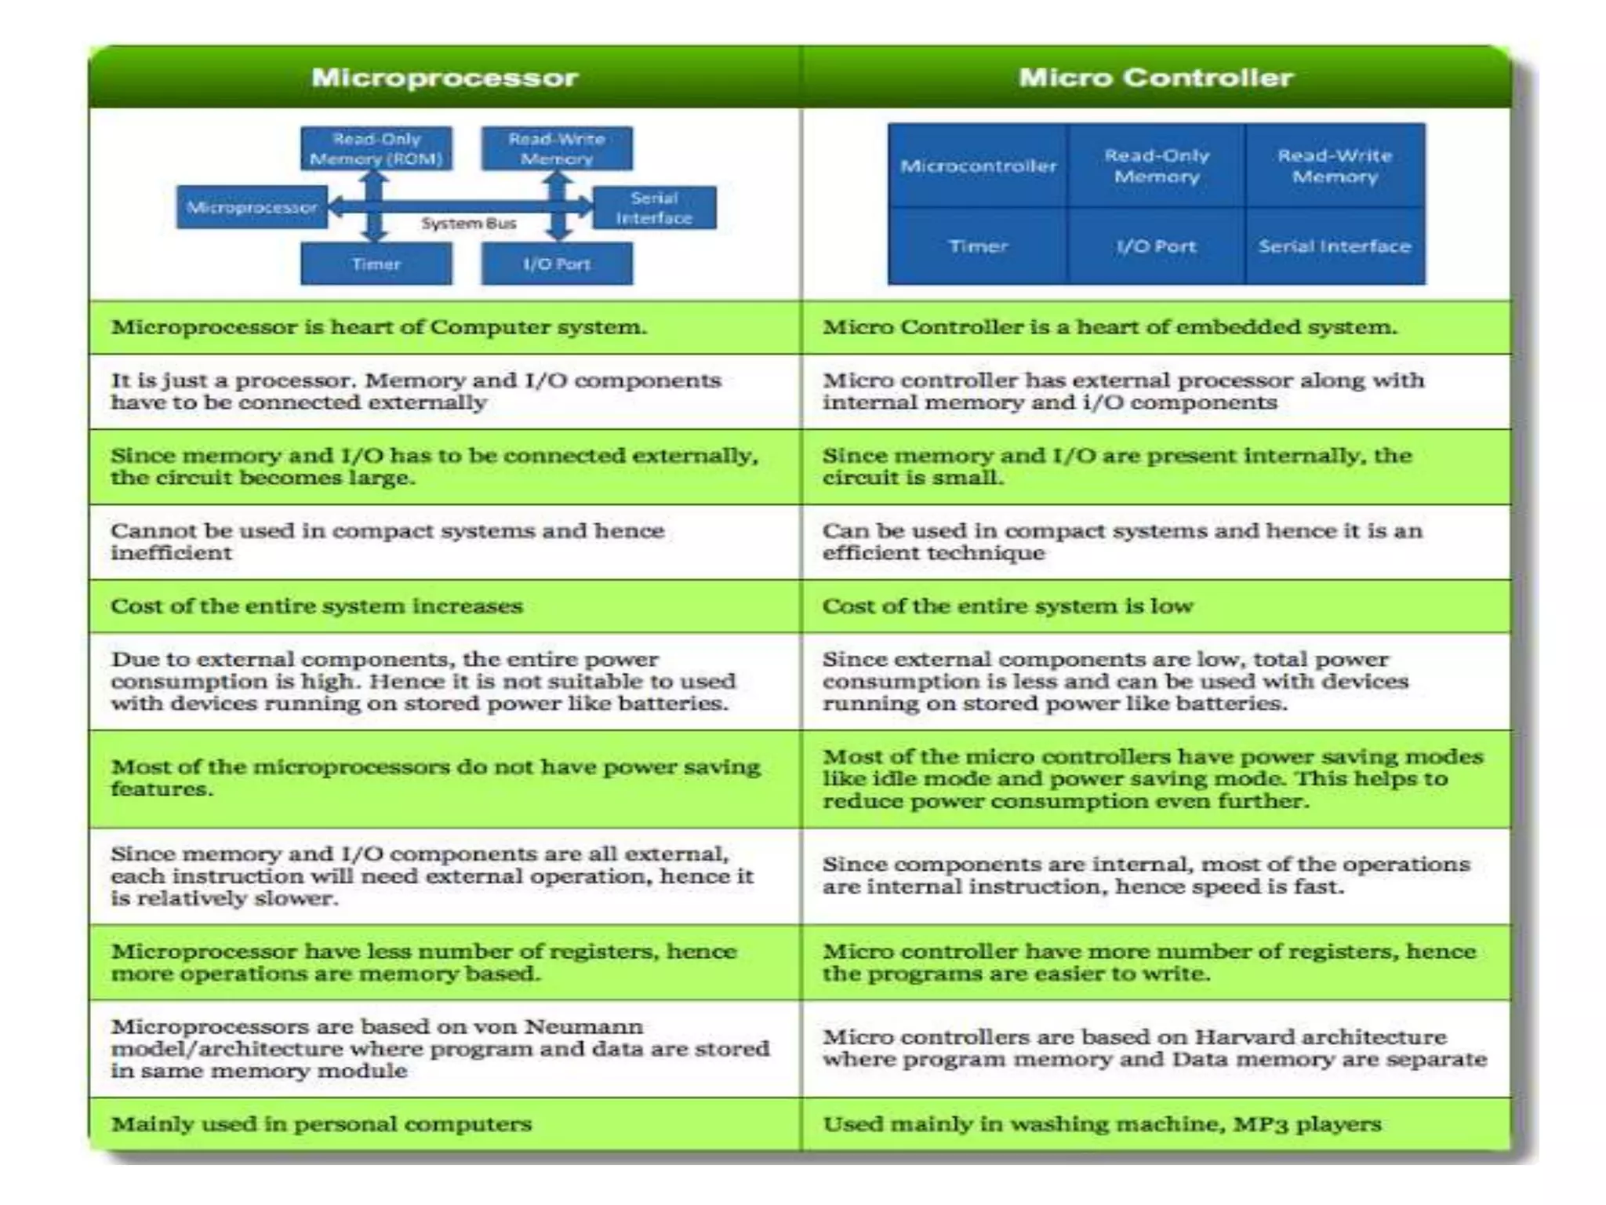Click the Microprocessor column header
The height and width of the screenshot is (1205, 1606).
pyautogui.click(x=445, y=78)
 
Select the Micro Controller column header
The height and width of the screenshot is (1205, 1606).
pyautogui.click(x=1155, y=78)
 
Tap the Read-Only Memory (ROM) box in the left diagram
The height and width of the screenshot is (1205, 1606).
pyautogui.click(x=376, y=149)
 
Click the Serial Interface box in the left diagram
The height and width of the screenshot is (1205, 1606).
pyautogui.click(x=654, y=208)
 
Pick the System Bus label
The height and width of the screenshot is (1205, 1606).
pyautogui.click(x=469, y=224)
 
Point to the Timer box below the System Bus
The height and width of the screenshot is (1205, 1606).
pyautogui.click(x=376, y=264)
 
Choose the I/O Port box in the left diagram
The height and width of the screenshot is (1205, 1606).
pyautogui.click(x=557, y=264)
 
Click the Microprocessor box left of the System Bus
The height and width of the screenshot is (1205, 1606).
pyautogui.click(x=252, y=208)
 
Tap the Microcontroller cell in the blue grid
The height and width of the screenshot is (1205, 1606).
pyautogui.click(x=978, y=166)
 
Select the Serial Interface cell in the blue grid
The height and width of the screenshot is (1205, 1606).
pyautogui.click(x=1335, y=246)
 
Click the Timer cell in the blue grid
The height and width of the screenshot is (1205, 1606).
pyautogui.click(x=978, y=246)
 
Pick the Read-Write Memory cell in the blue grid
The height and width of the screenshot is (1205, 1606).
pyautogui.click(x=1335, y=166)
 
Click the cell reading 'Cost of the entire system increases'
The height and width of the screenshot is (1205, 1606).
pyautogui.click(x=316, y=606)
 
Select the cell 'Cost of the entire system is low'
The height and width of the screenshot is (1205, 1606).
pyautogui.click(x=1008, y=606)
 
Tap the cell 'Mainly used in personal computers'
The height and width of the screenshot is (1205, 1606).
pyautogui.click(x=321, y=1124)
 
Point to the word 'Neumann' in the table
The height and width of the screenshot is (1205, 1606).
pyautogui.click(x=583, y=1027)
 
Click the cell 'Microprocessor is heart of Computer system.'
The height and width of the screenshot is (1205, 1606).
pyautogui.click(x=379, y=327)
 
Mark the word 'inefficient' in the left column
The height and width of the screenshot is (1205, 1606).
pyautogui.click(x=171, y=553)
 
